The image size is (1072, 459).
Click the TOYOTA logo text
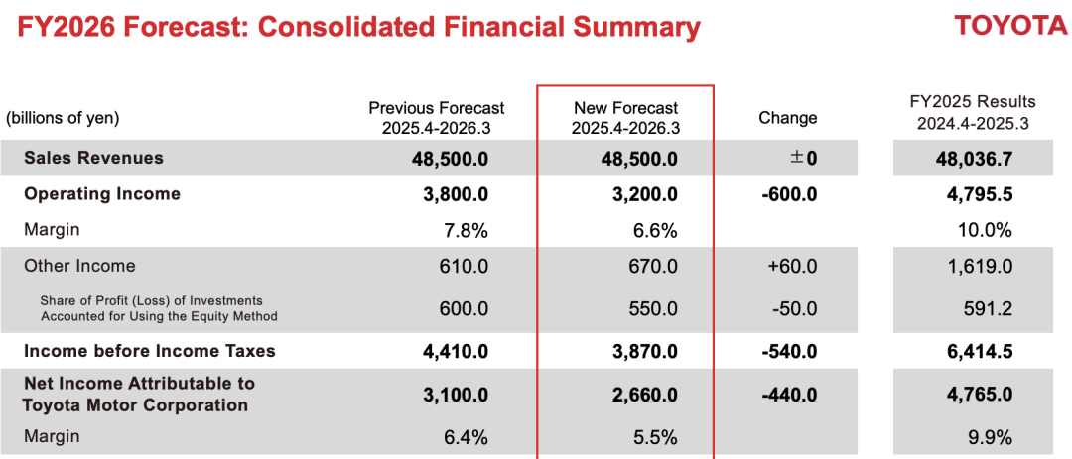[1010, 26]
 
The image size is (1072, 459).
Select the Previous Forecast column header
[436, 118]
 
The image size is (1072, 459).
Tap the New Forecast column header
[625, 118]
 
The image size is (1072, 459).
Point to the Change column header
[787, 118]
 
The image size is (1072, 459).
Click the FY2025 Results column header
[972, 112]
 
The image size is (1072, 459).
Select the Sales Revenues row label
[93, 158]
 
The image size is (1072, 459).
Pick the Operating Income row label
[102, 194]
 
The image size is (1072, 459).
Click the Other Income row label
[79, 266]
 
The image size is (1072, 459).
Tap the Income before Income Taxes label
[150, 351]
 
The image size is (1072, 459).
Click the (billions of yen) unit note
[63, 118]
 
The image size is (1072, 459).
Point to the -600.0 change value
[789, 194]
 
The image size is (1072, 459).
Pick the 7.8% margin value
[466, 231]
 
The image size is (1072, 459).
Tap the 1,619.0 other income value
[980, 267]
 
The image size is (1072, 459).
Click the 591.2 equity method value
[988, 308]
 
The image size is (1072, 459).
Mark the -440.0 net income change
[789, 395]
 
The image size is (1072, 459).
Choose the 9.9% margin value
[990, 437]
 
